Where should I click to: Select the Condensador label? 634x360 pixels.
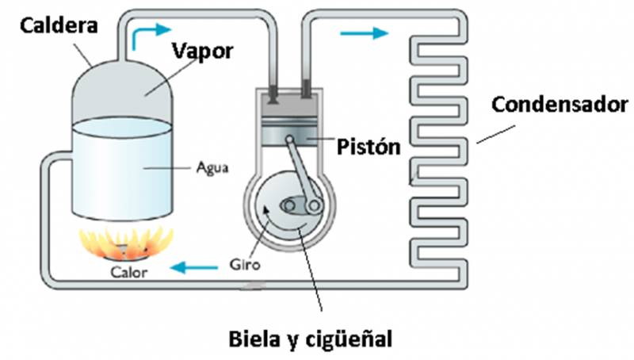pos(560,104)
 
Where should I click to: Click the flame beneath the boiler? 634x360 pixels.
pos(127,241)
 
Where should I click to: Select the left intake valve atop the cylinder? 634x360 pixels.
pos(272,95)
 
